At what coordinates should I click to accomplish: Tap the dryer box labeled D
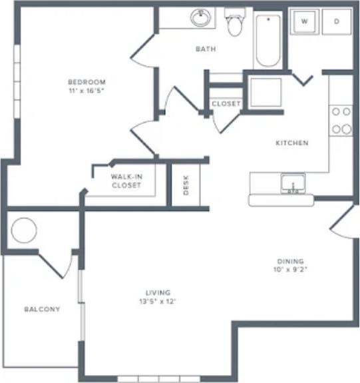[336, 21]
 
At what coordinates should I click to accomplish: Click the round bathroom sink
[200, 17]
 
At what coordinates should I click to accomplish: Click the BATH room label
[205, 49]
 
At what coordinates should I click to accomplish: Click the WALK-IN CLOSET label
[126, 181]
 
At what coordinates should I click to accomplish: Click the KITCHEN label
[292, 143]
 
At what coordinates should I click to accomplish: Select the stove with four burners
[341, 120]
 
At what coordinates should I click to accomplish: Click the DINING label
[291, 261]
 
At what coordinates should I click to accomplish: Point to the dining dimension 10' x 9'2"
[291, 270]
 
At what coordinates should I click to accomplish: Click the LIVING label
[158, 292]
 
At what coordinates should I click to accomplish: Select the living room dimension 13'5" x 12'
[158, 301]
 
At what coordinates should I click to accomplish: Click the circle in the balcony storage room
[24, 230]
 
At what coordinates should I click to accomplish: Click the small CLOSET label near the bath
[226, 104]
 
